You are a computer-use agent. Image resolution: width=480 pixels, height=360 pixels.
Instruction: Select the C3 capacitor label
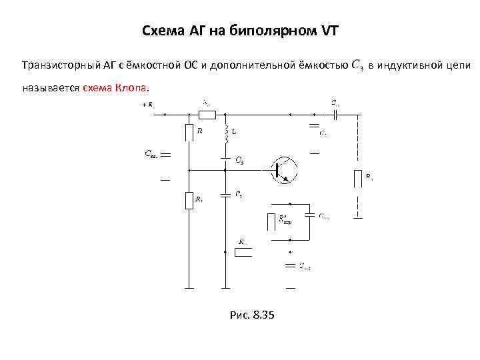239,161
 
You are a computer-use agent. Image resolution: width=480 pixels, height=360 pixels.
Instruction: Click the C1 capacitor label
238,195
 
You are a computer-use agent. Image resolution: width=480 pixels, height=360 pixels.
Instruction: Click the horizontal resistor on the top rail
207,114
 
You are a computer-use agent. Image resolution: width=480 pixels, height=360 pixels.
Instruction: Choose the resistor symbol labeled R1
189,199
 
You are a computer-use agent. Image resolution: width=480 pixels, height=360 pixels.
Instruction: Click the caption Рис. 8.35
247,315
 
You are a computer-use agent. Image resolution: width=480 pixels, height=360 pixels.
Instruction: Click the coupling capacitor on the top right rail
337,114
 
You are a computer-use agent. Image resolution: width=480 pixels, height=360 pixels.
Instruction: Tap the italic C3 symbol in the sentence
356,66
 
